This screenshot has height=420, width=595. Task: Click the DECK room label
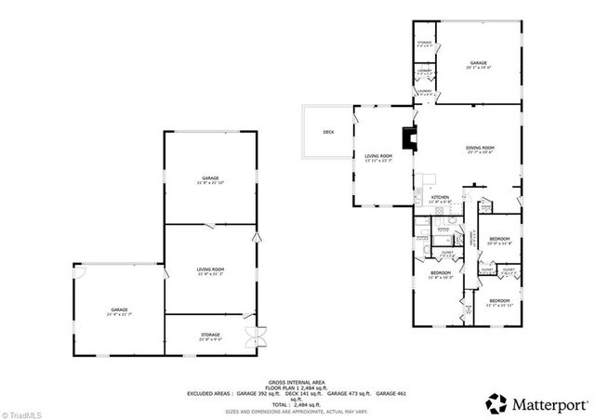pyautogui.click(x=328, y=132)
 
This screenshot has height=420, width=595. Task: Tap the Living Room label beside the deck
pyautogui.click(x=377, y=157)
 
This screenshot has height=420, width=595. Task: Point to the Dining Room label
pyautogui.click(x=480, y=149)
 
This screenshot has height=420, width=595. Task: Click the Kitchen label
pyautogui.click(x=440, y=198)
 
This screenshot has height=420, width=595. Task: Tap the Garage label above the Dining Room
pyautogui.click(x=478, y=64)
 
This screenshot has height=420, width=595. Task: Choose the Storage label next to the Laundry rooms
pyautogui.click(x=424, y=43)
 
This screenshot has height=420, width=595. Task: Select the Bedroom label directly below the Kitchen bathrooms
pyautogui.click(x=441, y=273)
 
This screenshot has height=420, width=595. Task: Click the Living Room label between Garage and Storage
pyautogui.click(x=211, y=270)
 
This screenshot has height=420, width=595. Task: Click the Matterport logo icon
pyautogui.click(x=497, y=402)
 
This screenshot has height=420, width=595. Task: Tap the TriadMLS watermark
pyautogui.click(x=20, y=413)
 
